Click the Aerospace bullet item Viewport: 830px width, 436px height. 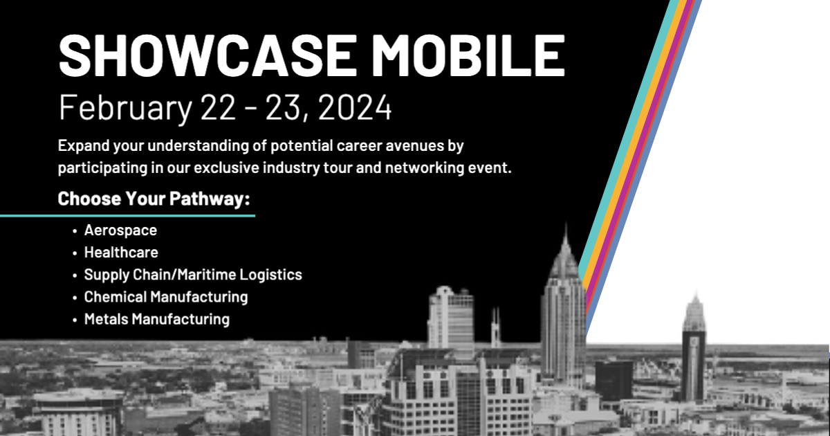(120, 230)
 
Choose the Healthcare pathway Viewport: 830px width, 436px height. (121, 252)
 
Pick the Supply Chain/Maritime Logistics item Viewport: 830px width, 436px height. (193, 275)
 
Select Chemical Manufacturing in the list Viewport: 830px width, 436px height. (166, 297)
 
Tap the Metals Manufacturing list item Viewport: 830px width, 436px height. (156, 319)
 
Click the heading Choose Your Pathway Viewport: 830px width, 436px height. (154, 199)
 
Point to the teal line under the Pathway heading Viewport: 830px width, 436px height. (127, 215)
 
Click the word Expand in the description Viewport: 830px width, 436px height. (83, 147)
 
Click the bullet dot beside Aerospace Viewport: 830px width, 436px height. (75, 230)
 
